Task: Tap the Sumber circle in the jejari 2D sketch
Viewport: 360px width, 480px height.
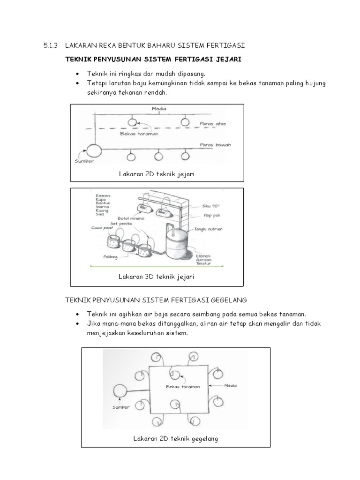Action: pos(93,150)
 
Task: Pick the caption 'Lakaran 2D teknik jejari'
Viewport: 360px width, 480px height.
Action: pos(157,174)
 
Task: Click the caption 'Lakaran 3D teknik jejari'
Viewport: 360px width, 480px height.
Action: pos(156,277)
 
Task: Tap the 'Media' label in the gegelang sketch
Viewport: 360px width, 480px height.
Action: pos(230,385)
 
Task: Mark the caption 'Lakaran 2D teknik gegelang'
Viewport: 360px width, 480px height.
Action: pos(175,439)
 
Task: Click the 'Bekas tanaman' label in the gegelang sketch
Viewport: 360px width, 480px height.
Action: pos(183,387)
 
